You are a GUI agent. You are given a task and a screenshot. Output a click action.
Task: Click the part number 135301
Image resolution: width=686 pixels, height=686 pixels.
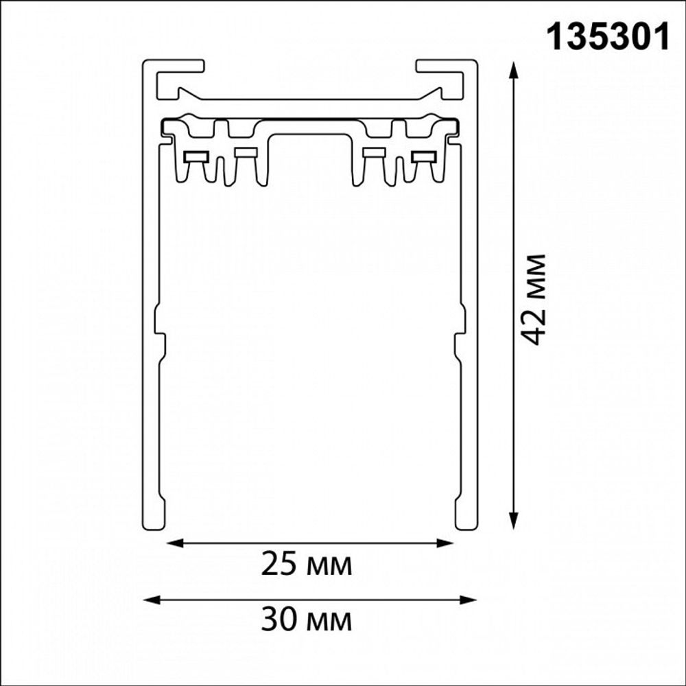607,36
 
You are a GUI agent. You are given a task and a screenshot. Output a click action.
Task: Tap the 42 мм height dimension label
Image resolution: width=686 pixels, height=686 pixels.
532,300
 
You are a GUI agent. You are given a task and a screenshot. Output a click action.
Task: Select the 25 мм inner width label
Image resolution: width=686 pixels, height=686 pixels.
307,565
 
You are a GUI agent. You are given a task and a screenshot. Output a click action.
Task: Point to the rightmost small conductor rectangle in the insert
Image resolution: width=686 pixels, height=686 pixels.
423,156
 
